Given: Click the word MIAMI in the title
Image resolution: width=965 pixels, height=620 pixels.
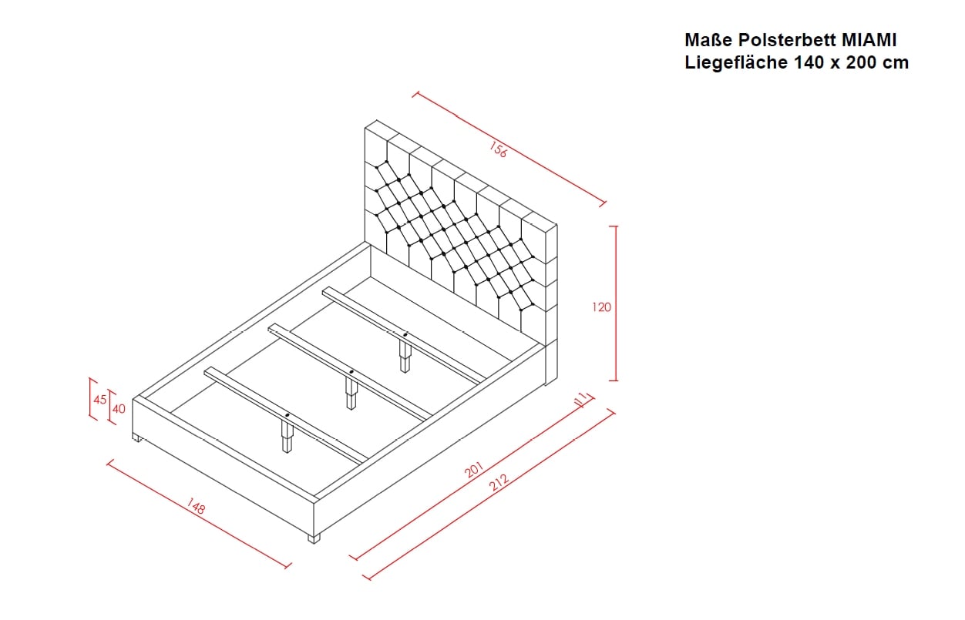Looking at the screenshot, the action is tap(869, 40).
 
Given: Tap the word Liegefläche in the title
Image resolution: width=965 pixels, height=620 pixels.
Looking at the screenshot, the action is tap(736, 63).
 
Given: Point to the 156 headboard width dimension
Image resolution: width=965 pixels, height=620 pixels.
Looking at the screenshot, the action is tap(499, 149).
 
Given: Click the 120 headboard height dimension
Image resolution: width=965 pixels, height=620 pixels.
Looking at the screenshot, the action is tap(601, 307).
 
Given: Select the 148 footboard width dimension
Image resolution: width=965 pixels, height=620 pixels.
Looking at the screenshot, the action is tap(196, 506).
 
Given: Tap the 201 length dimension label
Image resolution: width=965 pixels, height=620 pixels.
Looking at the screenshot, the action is tap(474, 470).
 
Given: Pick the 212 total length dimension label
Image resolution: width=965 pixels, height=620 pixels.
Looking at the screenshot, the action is tap(499, 483).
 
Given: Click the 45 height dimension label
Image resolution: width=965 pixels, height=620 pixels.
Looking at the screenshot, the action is tap(100, 400).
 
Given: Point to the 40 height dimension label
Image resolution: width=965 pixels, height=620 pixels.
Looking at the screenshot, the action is tap(119, 409).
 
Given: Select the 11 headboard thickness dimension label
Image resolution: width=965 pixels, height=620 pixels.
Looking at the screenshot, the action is tap(581, 399).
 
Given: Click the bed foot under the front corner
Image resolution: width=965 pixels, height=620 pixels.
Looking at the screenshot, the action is tap(314, 538).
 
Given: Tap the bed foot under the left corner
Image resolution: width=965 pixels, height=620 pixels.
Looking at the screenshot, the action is tap(137, 439).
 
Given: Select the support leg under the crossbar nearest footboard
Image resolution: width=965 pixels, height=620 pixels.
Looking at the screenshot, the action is tap(287, 437).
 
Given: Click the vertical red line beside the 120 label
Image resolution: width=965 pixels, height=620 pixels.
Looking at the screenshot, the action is tap(616, 303).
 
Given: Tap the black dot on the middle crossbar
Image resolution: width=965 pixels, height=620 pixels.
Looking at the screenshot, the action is tap(351, 371).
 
